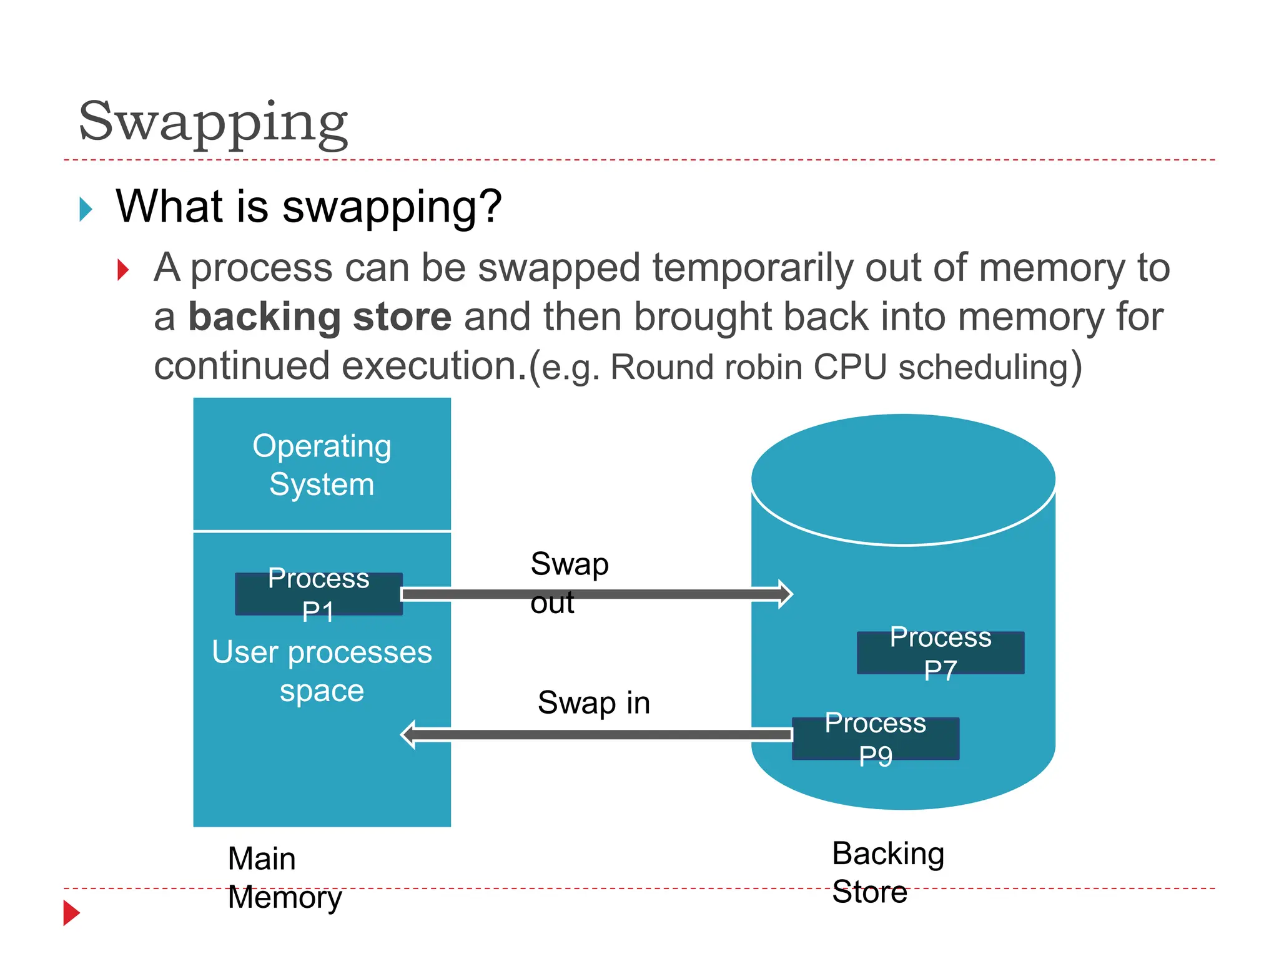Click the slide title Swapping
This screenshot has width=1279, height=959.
(213, 122)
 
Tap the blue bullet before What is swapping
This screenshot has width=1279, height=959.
(86, 209)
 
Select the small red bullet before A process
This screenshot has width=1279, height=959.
(123, 270)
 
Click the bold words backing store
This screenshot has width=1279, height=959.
(320, 317)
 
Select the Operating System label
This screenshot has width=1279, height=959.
(322, 465)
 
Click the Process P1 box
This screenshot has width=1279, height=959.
(319, 594)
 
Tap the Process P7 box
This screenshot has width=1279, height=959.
(940, 652)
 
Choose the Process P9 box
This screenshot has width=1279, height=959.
(875, 739)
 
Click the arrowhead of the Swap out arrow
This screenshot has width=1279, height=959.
(785, 594)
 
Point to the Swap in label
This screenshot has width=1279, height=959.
(593, 702)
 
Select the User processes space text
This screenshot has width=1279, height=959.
(322, 671)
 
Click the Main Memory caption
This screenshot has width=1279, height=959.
(284, 877)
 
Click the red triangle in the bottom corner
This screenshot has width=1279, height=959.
(71, 913)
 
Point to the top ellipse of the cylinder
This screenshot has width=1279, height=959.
(903, 479)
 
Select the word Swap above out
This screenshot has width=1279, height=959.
(569, 564)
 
